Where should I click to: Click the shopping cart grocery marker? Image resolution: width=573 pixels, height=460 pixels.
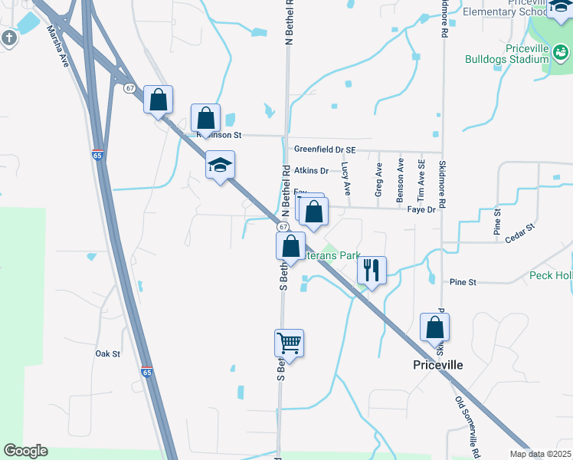click(290, 343)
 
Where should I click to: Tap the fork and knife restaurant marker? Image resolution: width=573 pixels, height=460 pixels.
click(372, 270)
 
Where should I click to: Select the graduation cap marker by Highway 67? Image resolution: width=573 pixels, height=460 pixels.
click(220, 165)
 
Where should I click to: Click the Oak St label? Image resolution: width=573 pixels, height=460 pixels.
click(108, 354)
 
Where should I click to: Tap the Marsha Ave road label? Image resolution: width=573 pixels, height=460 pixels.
click(58, 45)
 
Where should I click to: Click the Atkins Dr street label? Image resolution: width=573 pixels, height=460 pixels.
click(311, 170)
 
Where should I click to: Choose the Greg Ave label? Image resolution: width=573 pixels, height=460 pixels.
click(378, 180)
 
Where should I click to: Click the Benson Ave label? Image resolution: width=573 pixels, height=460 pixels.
click(400, 181)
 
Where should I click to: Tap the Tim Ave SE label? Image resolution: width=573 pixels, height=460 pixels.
click(421, 181)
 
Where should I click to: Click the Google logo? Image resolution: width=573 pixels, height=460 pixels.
click(25, 451)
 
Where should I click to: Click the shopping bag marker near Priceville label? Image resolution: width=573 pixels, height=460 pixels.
click(434, 327)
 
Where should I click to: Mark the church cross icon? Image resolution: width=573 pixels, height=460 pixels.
click(8, 38)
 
